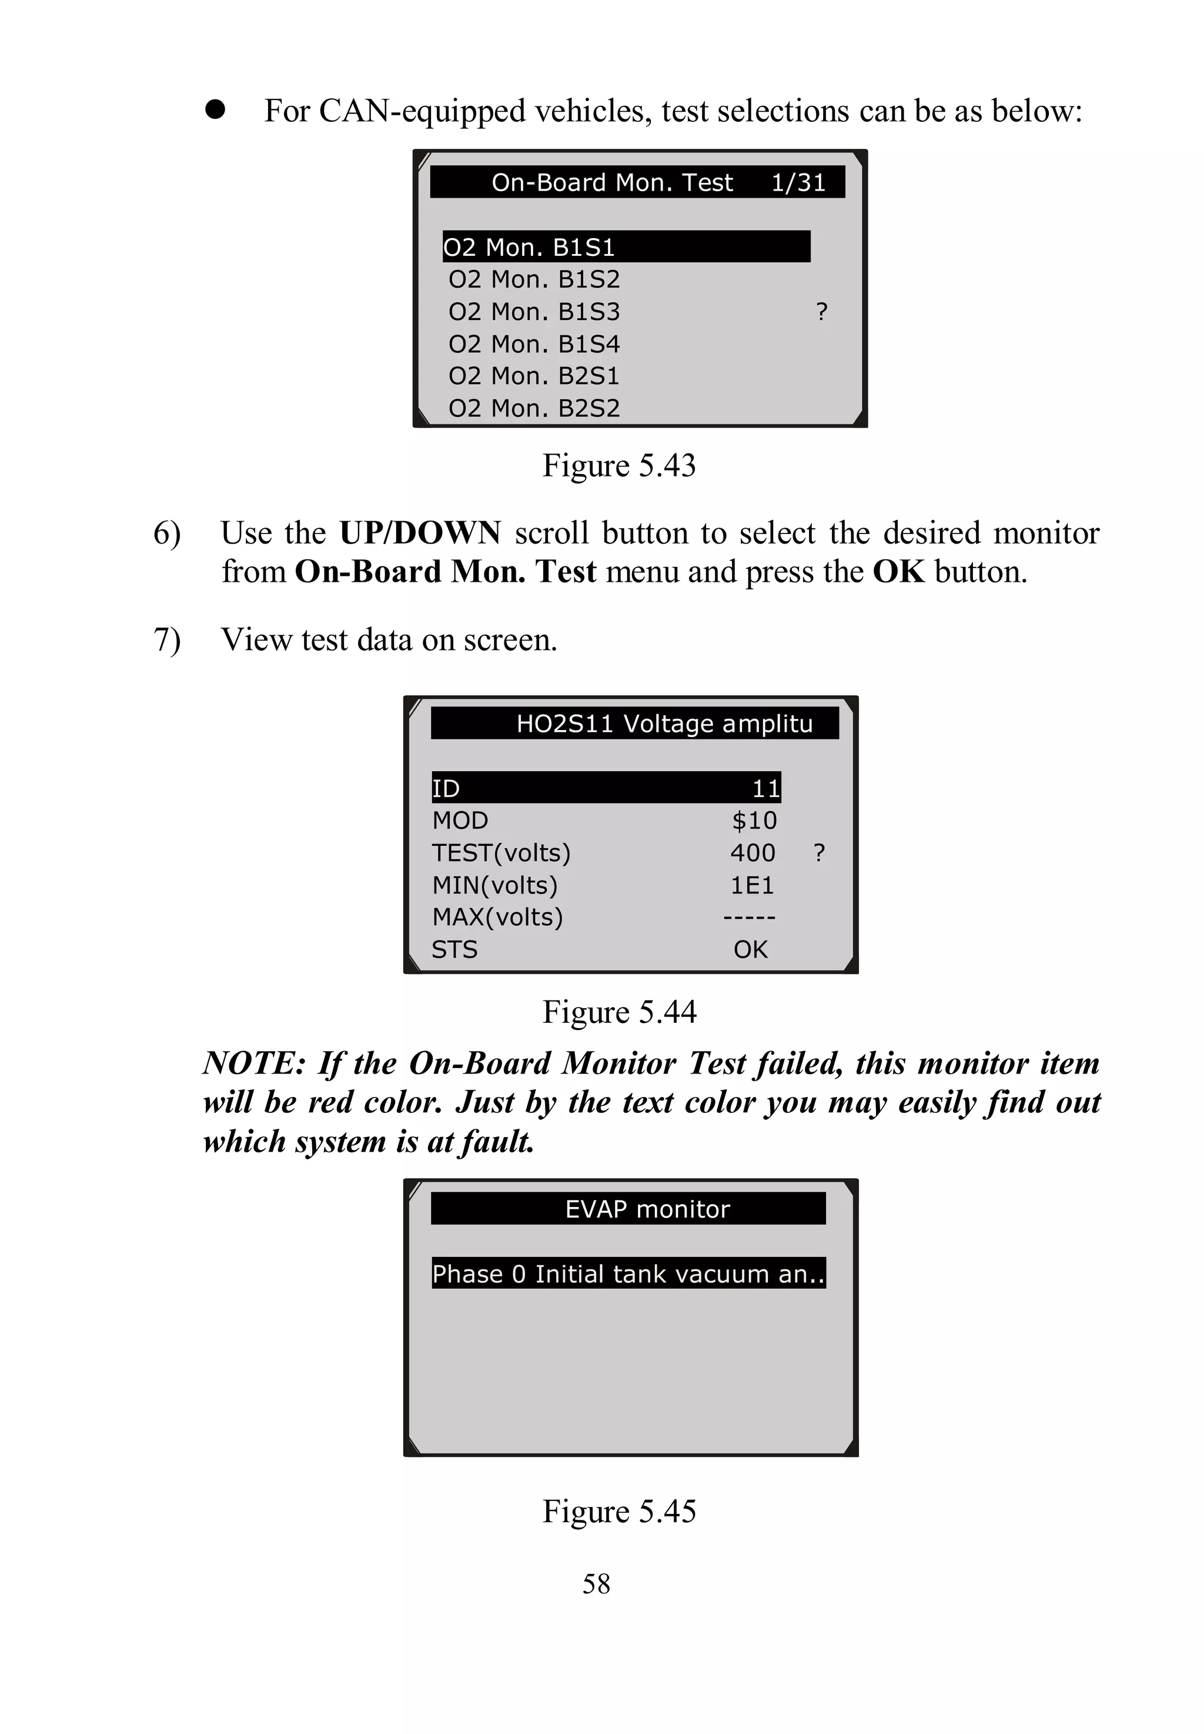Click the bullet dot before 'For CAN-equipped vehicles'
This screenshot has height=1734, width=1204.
pyautogui.click(x=215, y=109)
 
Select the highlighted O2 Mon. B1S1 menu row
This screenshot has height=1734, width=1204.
pyautogui.click(x=626, y=246)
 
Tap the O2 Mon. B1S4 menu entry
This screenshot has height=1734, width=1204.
pyautogui.click(x=534, y=344)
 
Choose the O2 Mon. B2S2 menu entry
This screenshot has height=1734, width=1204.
pyautogui.click(x=534, y=408)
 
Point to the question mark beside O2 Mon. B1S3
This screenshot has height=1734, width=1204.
pyautogui.click(x=821, y=312)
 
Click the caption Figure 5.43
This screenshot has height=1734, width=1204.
pyautogui.click(x=618, y=466)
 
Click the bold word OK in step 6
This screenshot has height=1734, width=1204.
pyautogui.click(x=898, y=572)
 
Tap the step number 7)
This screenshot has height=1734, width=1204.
pyautogui.click(x=167, y=640)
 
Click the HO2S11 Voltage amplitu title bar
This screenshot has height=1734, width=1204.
pyautogui.click(x=634, y=723)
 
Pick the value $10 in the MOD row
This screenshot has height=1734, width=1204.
pyautogui.click(x=754, y=820)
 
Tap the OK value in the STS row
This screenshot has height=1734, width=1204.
pyautogui.click(x=750, y=949)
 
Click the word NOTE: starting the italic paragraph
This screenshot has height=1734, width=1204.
pyautogui.click(x=253, y=1063)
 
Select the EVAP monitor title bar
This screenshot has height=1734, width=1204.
pyautogui.click(x=628, y=1209)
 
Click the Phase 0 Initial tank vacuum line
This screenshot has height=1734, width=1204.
pyautogui.click(x=628, y=1273)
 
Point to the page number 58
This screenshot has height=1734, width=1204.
pyautogui.click(x=596, y=1583)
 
